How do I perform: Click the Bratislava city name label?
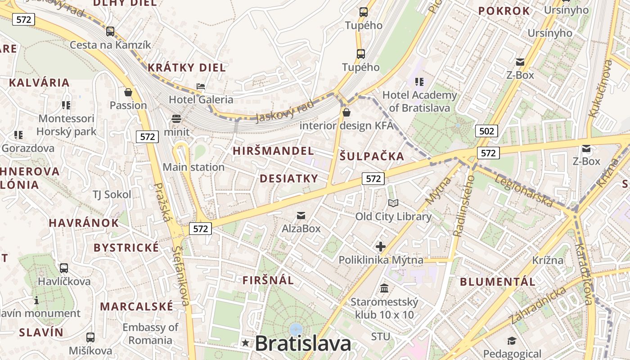click(303, 344)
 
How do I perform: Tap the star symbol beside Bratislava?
click(245, 343)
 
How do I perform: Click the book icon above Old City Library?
click(393, 203)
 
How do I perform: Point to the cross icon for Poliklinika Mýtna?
click(381, 246)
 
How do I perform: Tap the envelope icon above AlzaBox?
click(301, 216)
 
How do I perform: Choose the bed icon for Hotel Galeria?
click(201, 86)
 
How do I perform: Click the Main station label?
click(193, 167)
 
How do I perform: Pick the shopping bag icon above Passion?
click(128, 92)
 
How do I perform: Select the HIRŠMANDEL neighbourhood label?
click(273, 151)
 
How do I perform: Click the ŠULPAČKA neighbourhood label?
click(372, 157)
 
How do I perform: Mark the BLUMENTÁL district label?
click(498, 282)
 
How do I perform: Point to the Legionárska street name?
click(524, 191)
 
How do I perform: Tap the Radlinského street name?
click(464, 206)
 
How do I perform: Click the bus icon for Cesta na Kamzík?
click(110, 31)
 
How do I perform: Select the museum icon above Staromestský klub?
click(384, 288)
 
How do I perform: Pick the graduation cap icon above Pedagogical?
click(512, 341)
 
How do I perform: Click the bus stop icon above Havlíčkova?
click(64, 268)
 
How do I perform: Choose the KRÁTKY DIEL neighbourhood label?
click(187, 68)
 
